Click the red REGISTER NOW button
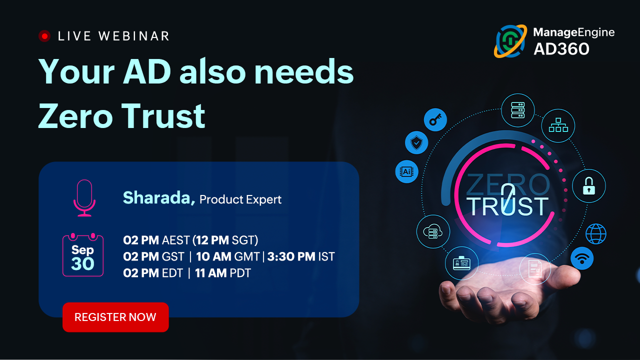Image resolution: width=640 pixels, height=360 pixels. tap(115, 317)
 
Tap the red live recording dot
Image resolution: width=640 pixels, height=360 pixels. tap(44, 36)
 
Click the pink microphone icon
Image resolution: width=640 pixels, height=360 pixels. tap(84, 197)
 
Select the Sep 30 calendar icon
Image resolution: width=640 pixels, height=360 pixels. tap(83, 255)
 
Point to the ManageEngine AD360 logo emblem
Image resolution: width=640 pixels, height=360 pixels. tap(510, 41)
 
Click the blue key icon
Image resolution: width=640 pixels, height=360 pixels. tap(435, 119)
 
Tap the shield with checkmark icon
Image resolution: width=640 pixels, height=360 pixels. tap(416, 142)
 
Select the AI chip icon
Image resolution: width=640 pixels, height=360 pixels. tap(406, 171)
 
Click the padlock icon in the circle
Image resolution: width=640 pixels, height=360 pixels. tap(589, 186)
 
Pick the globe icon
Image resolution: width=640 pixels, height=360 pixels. tap(595, 234)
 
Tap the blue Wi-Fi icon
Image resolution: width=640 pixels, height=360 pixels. tap(582, 258)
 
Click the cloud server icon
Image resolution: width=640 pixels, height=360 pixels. tap(433, 231)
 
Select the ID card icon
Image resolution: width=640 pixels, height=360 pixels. tap(461, 263)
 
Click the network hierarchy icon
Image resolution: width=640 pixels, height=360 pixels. tap(558, 125)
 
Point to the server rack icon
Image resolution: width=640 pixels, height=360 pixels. tap(517, 110)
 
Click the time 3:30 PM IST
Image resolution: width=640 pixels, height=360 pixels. tap(301, 256)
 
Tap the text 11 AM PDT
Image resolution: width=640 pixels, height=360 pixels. tap(223, 273)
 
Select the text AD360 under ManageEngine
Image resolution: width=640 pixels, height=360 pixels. tap(561, 49)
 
